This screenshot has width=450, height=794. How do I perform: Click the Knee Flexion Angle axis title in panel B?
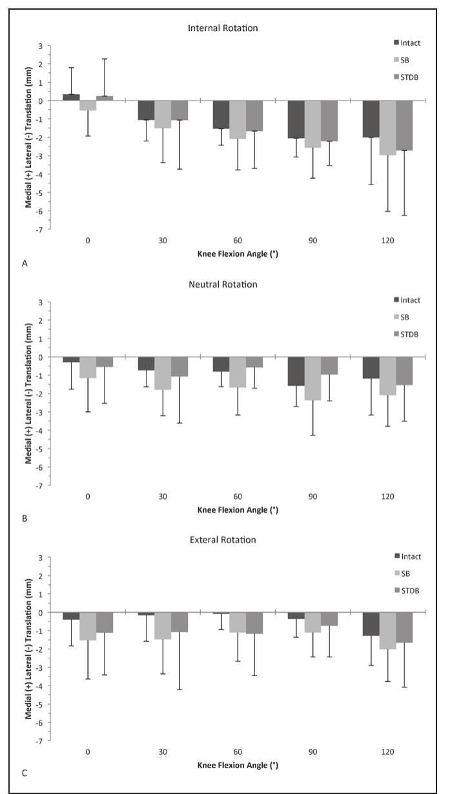(238, 510)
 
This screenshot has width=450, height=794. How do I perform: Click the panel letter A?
(24, 263)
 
